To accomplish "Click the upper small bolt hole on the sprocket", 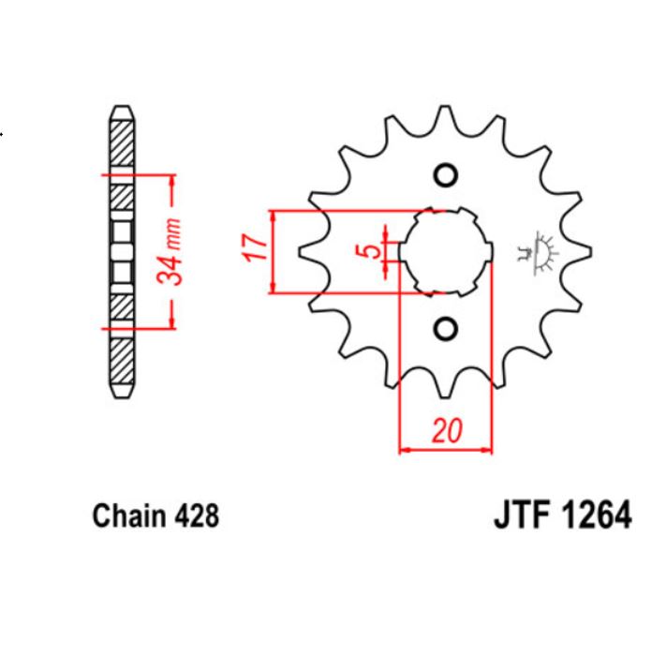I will (x=446, y=175).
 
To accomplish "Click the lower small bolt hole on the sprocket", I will (x=446, y=328).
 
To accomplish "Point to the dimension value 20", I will (x=446, y=432).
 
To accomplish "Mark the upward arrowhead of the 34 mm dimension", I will (x=171, y=181).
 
